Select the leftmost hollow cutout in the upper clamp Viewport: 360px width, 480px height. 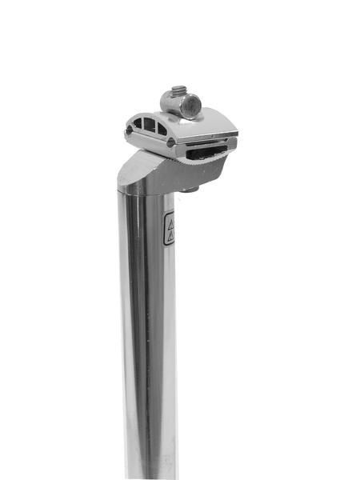tap(138, 124)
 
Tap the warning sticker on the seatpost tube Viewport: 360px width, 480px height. tap(169, 229)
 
